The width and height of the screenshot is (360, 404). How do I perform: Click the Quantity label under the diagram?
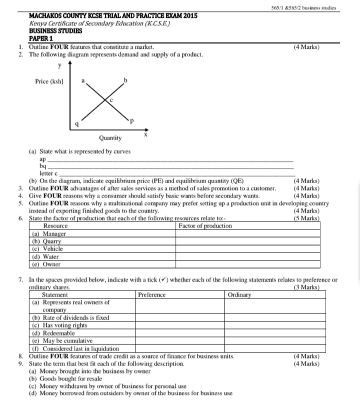(110, 138)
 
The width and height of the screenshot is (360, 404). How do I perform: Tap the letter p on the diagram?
(131, 121)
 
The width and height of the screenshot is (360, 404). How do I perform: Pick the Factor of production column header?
(206, 226)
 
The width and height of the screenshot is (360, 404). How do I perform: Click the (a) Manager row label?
(49, 234)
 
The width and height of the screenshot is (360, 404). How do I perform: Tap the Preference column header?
(152, 295)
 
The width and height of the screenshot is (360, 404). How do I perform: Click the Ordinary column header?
(239, 295)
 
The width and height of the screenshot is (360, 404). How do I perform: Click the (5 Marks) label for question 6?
(306, 219)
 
